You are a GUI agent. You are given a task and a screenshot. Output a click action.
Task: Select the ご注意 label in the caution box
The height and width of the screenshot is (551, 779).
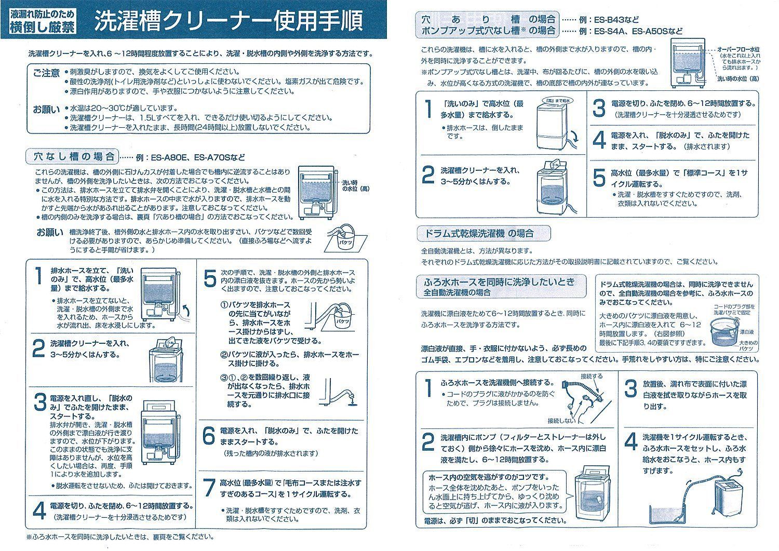(x=47, y=73)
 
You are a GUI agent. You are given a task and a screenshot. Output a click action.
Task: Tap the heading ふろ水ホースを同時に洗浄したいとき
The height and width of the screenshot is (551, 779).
(x=500, y=282)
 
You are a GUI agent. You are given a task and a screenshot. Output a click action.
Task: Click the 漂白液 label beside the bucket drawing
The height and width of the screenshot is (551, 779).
(x=746, y=331)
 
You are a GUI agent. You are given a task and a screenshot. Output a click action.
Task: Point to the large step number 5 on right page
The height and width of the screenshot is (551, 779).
(x=599, y=178)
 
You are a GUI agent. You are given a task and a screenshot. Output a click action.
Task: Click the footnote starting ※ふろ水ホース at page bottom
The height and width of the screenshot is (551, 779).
(x=119, y=537)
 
